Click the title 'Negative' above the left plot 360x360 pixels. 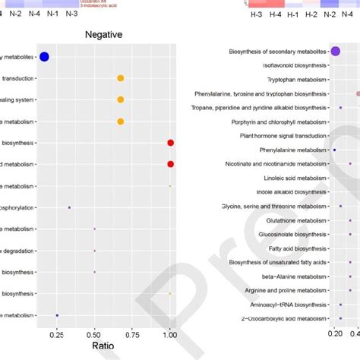[104, 35]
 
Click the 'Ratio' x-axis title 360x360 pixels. [105, 346]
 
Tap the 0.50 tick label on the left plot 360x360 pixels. [94, 333]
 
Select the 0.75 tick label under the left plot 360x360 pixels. [132, 333]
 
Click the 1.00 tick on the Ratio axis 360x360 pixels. [170, 333]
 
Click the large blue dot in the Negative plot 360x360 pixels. [44, 56]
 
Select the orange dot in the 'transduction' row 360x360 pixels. [120, 78]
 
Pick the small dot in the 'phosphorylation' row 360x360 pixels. [69, 207]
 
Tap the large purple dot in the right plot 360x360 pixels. [335, 52]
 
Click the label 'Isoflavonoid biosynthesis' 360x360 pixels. [295, 65]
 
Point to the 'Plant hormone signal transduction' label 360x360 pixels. [283, 136]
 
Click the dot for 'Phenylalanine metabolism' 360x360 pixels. [334, 150]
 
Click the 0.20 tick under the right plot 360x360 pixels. [335, 333]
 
